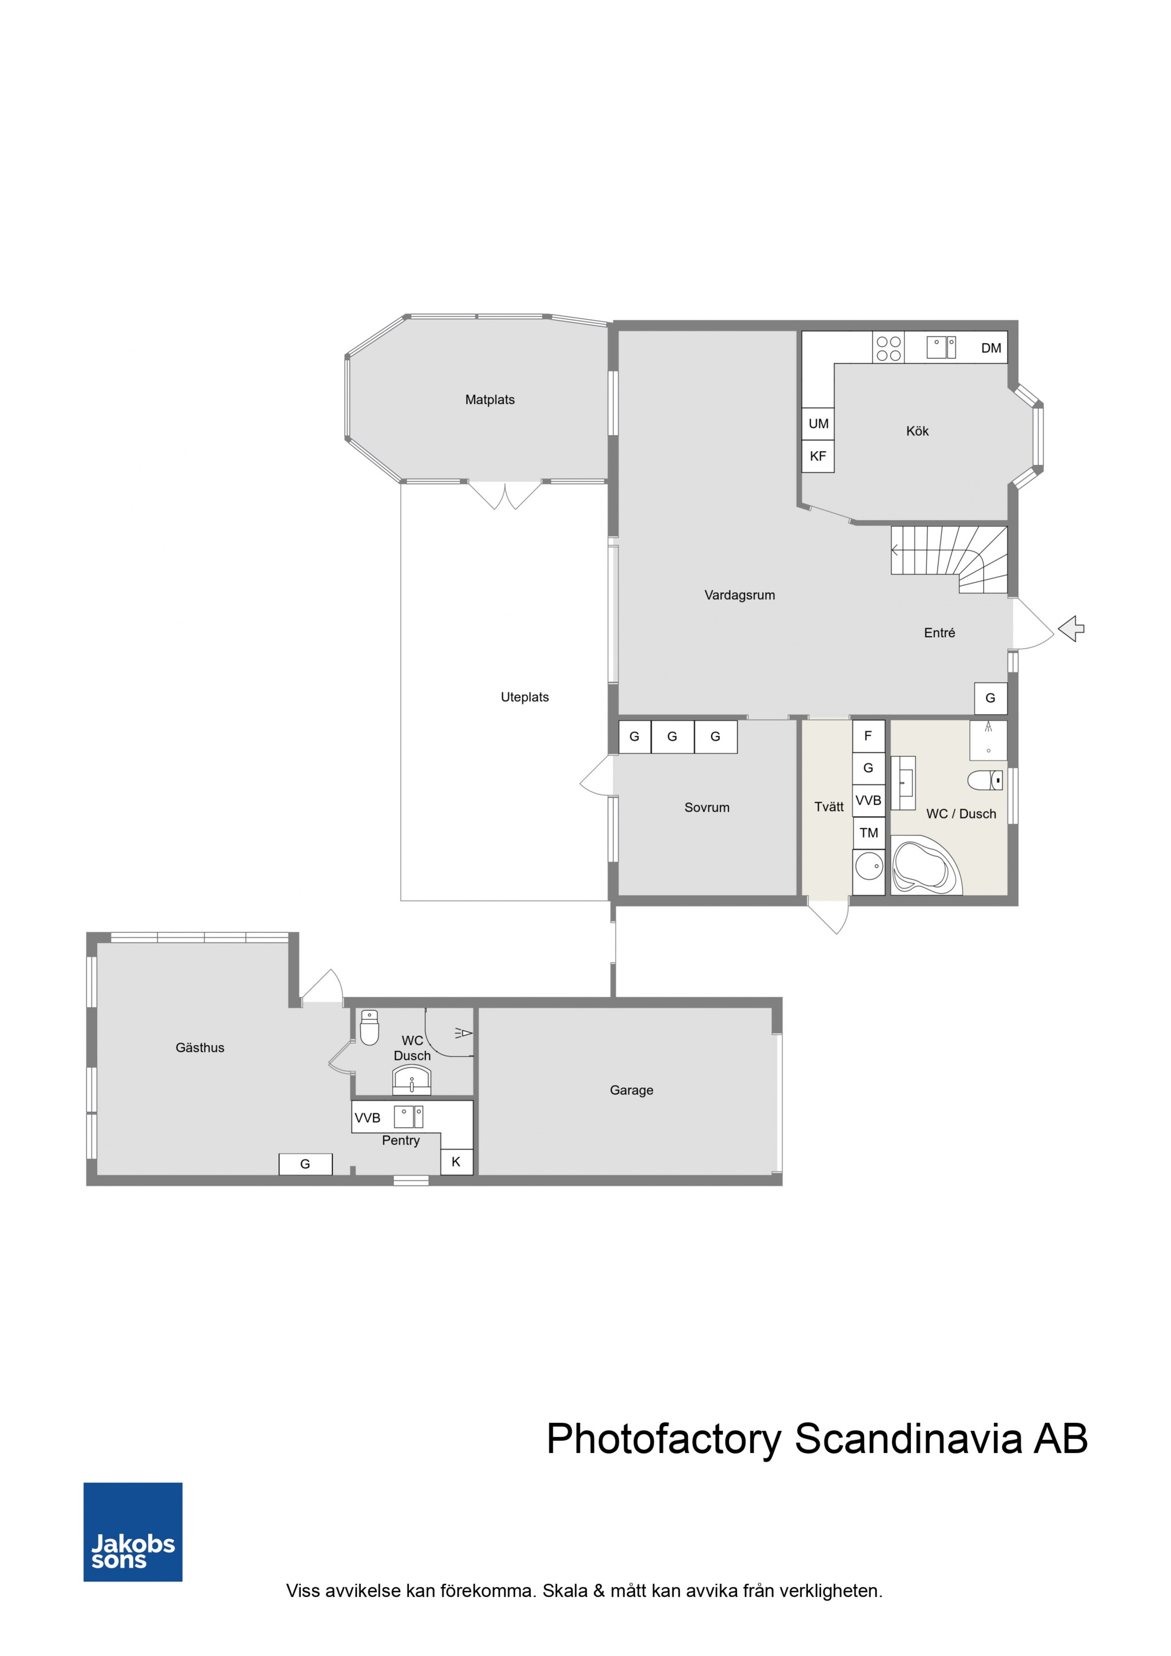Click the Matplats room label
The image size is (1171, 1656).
[490, 400]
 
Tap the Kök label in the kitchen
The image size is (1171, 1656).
[917, 432]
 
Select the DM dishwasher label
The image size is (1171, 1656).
[991, 348]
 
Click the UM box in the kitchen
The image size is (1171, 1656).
[818, 424]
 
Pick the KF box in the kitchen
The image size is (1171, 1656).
[818, 456]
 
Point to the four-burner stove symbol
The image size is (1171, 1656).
[888, 348]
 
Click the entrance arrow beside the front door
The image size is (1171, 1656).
[1072, 628]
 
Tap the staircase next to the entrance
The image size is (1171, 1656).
[949, 560]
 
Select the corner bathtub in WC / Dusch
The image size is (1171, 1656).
[926, 865]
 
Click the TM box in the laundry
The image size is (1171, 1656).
[869, 833]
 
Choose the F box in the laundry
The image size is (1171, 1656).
[869, 736]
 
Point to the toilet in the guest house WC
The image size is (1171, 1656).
[369, 1027]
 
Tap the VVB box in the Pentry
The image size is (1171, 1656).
[367, 1118]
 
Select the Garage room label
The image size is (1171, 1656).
[631, 1091]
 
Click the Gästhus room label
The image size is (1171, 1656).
[200, 1048]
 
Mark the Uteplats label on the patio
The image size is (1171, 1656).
[524, 697]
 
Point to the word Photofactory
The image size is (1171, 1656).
[664, 1439]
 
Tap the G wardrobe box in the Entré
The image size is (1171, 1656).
[991, 698]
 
